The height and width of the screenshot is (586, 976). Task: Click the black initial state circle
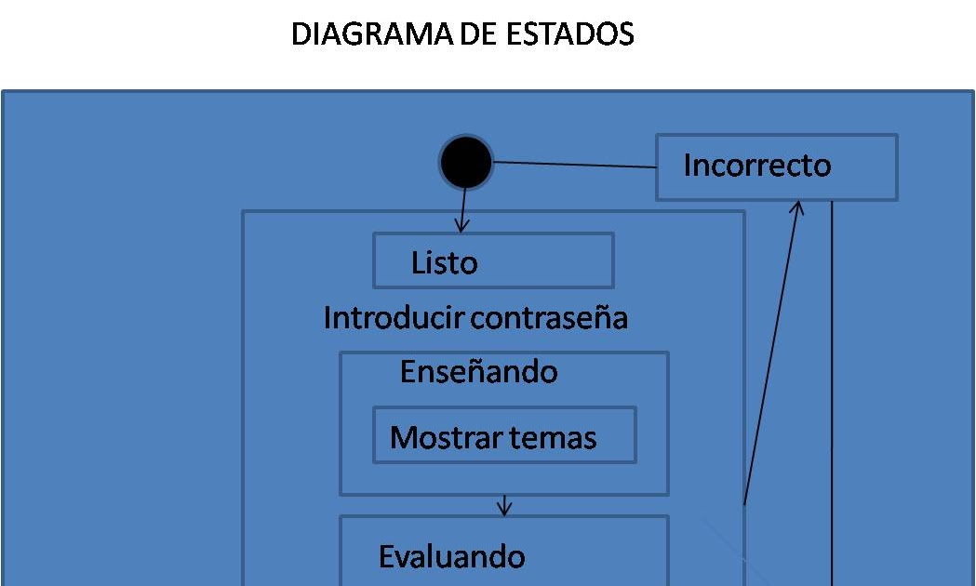(x=465, y=163)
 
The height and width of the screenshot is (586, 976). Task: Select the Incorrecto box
(x=776, y=167)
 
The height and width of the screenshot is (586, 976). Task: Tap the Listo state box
(x=493, y=260)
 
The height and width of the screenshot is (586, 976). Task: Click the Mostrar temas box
(x=504, y=435)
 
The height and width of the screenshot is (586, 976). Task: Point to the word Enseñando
(x=478, y=372)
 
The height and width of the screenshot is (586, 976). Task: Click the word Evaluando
(x=451, y=557)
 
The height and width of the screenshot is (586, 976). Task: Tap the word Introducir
(x=394, y=318)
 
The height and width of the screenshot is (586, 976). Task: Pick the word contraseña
(x=550, y=318)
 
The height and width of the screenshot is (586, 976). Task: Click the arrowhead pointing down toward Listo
(x=461, y=224)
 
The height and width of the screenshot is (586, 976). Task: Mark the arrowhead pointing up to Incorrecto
(x=797, y=209)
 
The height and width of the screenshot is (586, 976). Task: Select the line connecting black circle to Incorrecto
(x=574, y=165)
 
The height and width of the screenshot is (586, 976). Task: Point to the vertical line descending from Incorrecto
(x=831, y=391)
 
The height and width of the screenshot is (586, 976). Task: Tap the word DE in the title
(x=480, y=34)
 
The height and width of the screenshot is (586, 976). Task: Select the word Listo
(x=444, y=263)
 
